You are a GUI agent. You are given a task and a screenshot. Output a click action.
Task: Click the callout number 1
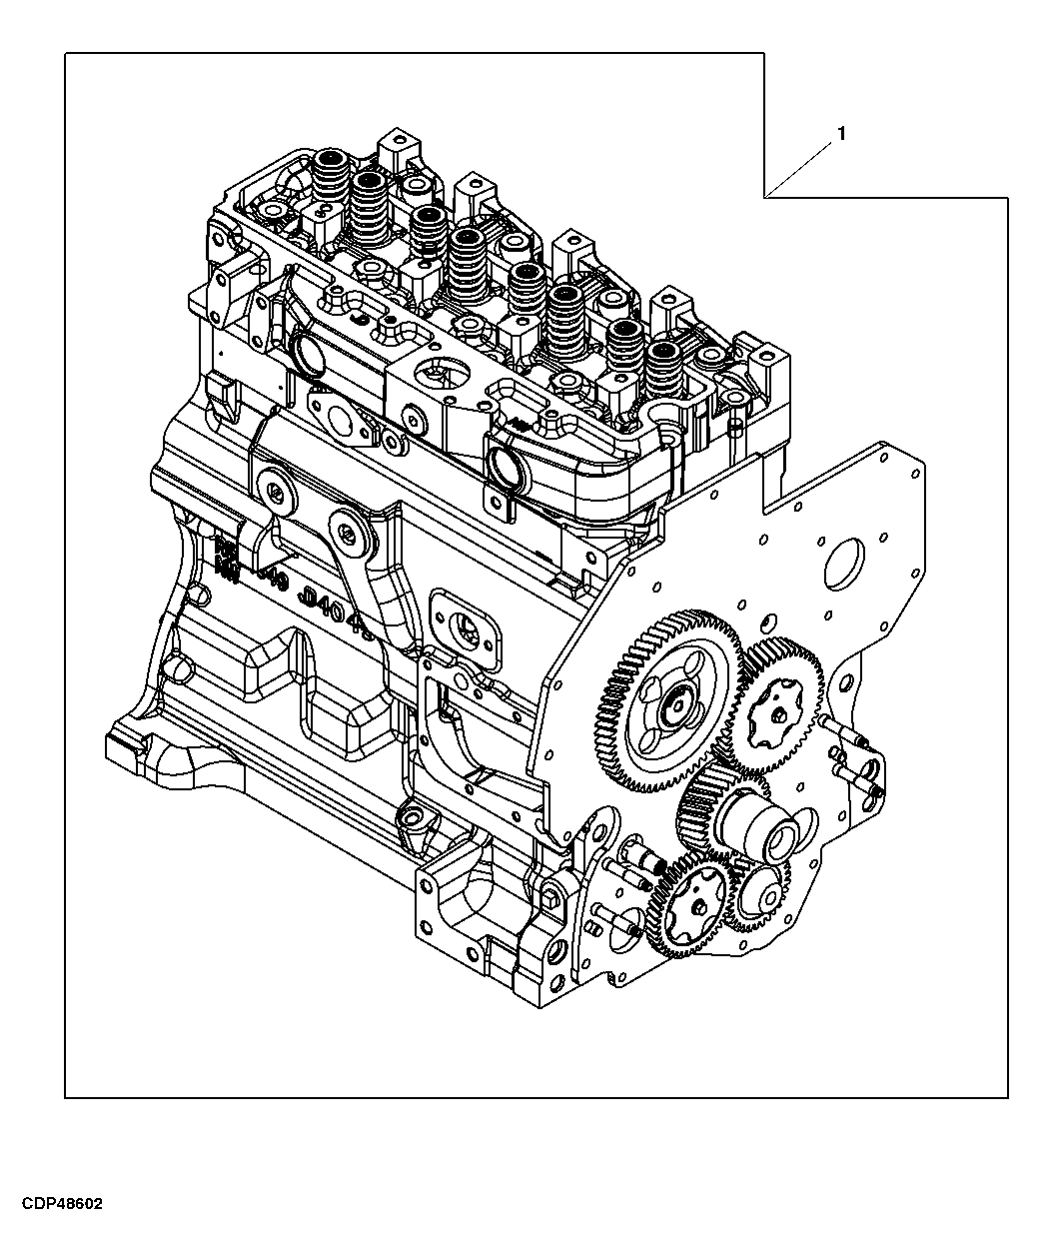click(841, 134)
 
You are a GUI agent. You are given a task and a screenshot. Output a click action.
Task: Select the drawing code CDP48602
click(59, 1204)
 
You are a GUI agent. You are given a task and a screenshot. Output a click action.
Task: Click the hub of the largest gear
click(675, 703)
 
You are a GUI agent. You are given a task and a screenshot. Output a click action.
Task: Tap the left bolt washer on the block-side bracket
click(271, 489)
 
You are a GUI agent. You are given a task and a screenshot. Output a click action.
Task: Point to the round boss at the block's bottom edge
click(414, 821)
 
